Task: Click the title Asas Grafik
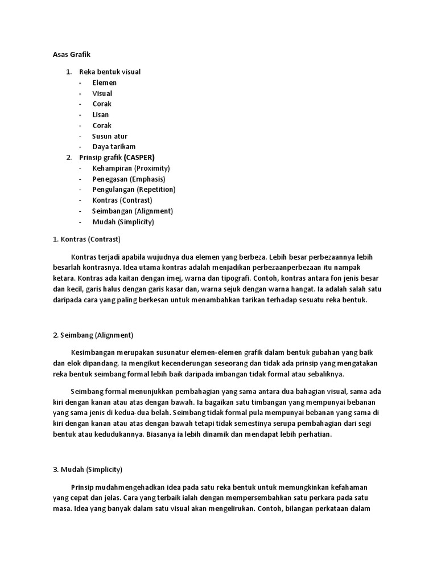(68, 55)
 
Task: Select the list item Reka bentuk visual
(110, 72)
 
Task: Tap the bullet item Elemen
(105, 83)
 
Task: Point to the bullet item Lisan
(101, 114)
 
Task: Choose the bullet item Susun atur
(110, 136)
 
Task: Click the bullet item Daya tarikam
(114, 147)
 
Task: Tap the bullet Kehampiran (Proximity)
(131, 169)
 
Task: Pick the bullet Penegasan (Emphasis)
(129, 179)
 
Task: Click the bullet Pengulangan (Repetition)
(134, 190)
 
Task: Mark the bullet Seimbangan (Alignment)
(132, 211)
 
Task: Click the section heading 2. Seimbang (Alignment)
(93, 335)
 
